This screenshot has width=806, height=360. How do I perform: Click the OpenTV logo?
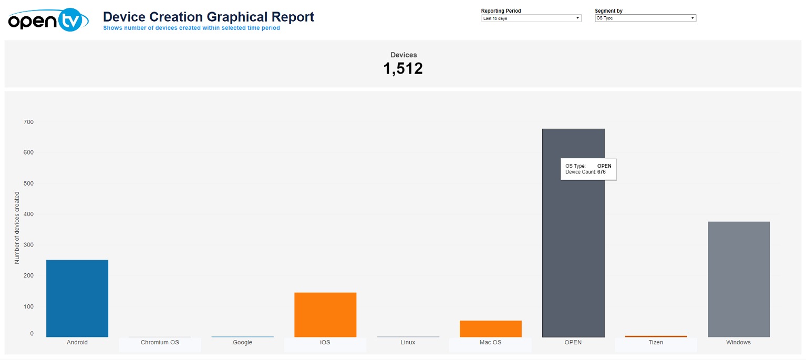point(45,20)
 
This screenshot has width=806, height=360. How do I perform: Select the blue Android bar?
point(77,298)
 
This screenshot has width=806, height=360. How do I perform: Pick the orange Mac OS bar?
point(490,328)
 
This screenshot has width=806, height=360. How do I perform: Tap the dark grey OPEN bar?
point(573,252)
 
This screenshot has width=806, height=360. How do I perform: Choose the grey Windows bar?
point(738,279)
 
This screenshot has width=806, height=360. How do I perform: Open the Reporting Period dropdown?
point(531,18)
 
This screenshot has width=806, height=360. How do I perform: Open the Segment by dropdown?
point(645,18)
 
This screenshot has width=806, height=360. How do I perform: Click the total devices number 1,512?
point(403,69)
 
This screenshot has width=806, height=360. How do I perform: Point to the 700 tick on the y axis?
point(28,122)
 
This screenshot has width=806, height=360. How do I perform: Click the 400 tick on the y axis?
point(28,214)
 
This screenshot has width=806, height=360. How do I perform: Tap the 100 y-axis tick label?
point(28,306)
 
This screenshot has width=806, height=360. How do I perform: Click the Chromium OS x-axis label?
point(160,343)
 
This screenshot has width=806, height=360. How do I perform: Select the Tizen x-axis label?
point(656,343)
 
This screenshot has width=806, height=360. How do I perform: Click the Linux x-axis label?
point(408,343)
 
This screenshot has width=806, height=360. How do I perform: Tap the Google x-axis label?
point(242,343)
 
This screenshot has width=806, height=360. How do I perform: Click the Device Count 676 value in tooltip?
point(602,172)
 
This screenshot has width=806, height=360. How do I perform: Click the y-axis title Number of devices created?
point(17,228)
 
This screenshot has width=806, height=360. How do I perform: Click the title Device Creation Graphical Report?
point(209,17)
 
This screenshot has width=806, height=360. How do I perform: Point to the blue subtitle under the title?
point(191,28)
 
